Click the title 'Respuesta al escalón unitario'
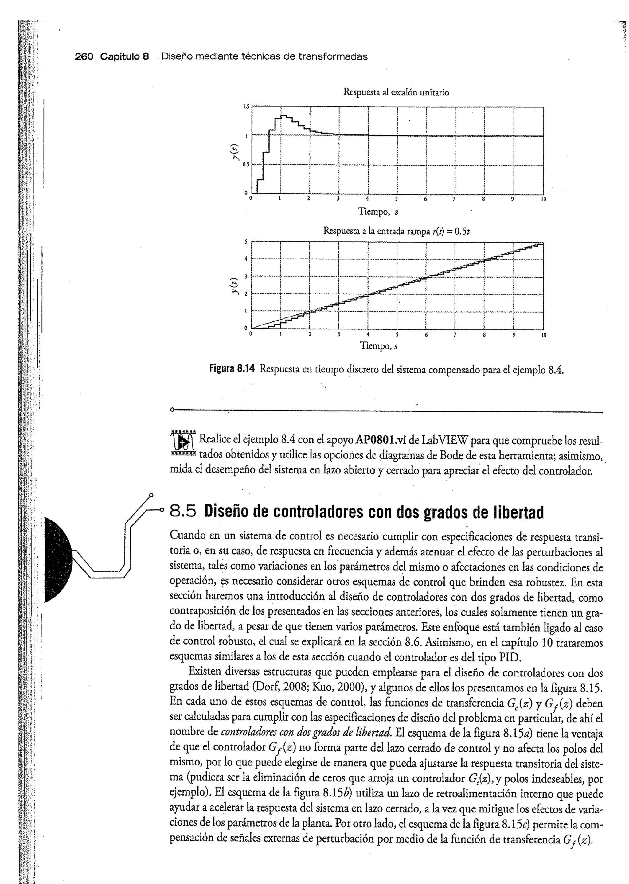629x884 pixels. click(396, 92)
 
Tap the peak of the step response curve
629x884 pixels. click(283, 115)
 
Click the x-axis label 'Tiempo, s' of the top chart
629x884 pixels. click(378, 212)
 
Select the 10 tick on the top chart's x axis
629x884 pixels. click(543, 199)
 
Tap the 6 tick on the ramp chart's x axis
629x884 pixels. click(426, 335)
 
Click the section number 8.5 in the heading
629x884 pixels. click(183, 512)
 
